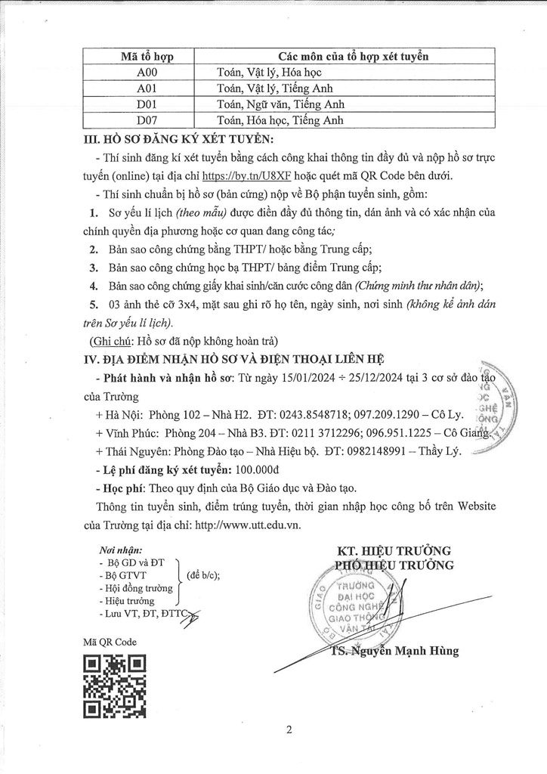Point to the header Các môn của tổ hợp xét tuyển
(x=353, y=57)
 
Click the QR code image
(x=114, y=686)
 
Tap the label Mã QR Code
(x=110, y=641)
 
